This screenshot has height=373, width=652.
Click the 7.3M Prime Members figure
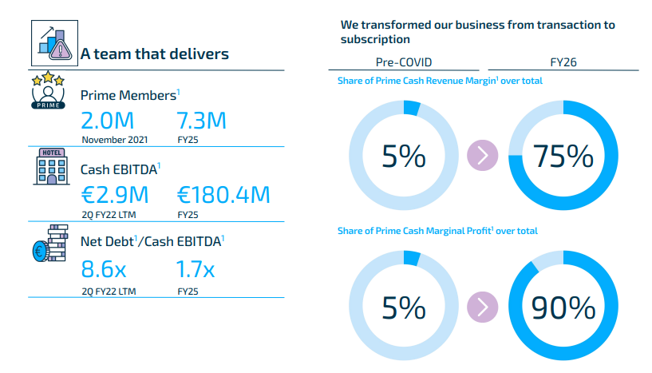[x=202, y=121]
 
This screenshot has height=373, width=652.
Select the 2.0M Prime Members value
[x=107, y=121]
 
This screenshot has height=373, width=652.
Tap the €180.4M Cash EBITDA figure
[x=223, y=195]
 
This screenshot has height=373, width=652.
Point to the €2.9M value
[x=115, y=195]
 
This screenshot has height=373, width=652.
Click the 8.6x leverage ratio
[x=104, y=269]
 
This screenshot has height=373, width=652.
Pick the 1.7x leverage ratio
[x=196, y=269]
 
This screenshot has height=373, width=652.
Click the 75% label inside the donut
[x=563, y=157]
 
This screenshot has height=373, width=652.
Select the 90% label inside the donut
[x=563, y=308]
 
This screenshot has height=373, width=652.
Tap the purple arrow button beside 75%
[x=482, y=155]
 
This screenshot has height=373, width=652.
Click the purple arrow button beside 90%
[x=482, y=308]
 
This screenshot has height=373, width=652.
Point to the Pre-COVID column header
[x=404, y=62]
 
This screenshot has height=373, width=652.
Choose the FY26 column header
[x=563, y=62]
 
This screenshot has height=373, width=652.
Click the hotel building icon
[x=52, y=166]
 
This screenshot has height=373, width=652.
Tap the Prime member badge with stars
[x=48, y=90]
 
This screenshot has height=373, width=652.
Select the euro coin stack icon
[x=50, y=244]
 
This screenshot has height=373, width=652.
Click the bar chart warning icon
[x=54, y=43]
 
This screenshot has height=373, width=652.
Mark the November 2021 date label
[x=115, y=140]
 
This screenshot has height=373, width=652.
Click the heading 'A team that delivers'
[x=155, y=54]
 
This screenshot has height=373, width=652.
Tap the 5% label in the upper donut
[x=404, y=157]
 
